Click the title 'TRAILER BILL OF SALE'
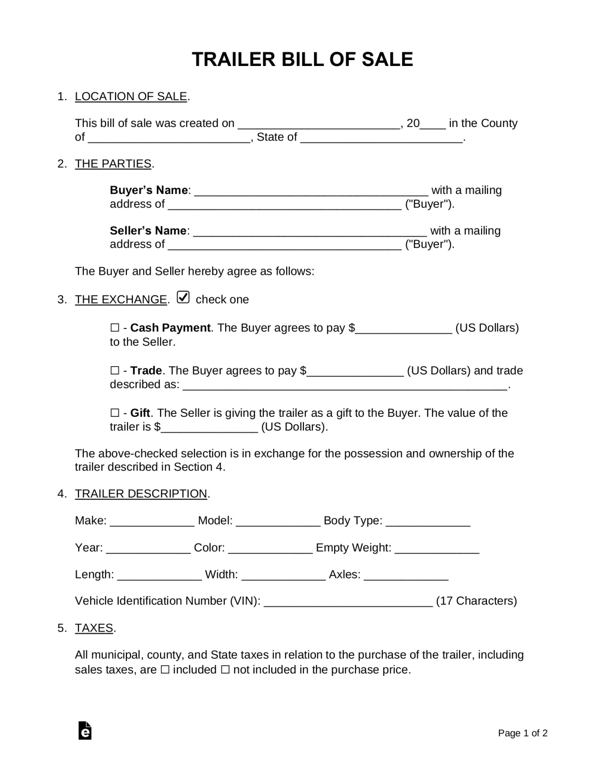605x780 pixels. pyautogui.click(x=302, y=60)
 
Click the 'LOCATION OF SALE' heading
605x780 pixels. pyautogui.click(x=131, y=96)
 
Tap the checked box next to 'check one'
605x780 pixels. pyautogui.click(x=183, y=298)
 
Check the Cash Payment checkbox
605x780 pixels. pyautogui.click(x=115, y=328)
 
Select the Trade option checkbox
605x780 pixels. pyautogui.click(x=115, y=371)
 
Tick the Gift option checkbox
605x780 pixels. pyautogui.click(x=115, y=413)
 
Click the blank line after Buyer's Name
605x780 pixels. pyautogui.click(x=311, y=191)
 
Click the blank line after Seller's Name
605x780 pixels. pyautogui.click(x=310, y=232)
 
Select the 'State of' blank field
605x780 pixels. pyautogui.click(x=381, y=138)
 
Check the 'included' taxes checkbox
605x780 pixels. pyautogui.click(x=165, y=670)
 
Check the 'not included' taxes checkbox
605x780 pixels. pyautogui.click(x=225, y=670)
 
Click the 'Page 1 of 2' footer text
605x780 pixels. pyautogui.click(x=523, y=733)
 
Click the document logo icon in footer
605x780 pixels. pyautogui.click(x=85, y=731)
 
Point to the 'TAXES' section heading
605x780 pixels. pyautogui.click(x=94, y=628)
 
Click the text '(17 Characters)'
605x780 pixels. pyautogui.click(x=476, y=601)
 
